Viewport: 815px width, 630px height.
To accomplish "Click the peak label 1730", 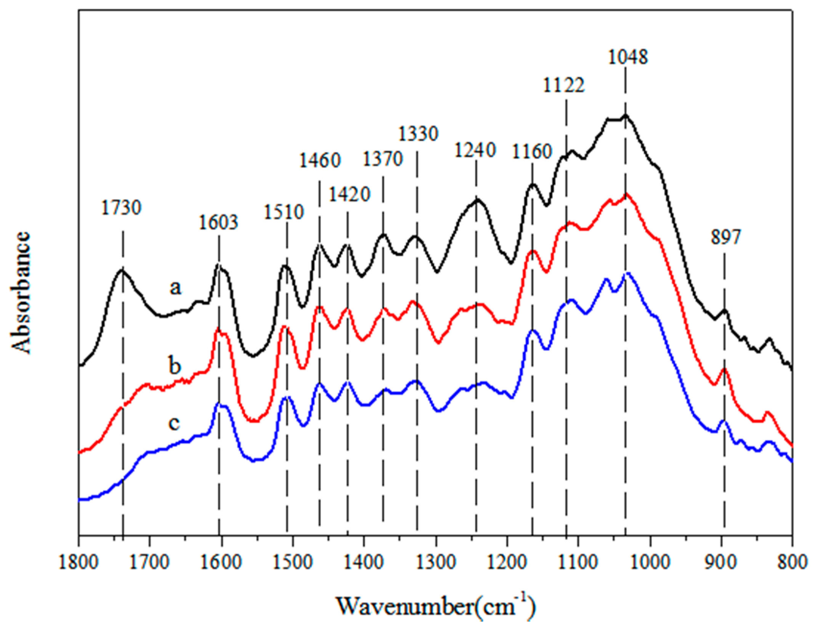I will pos(121,208).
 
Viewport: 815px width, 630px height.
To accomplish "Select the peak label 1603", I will pos(218,222).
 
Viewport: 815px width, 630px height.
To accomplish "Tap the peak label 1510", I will pos(284,212).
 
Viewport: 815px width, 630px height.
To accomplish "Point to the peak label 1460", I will pos(319,160).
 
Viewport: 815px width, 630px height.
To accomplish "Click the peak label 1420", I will pos(350,194).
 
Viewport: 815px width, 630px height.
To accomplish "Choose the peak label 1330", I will pos(418,134).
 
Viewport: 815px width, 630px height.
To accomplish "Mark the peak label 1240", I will pos(475,150).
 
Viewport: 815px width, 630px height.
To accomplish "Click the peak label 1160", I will pos(532,151).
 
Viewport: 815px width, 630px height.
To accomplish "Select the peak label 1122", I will pos(564,85).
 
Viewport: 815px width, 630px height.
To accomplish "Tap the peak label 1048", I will pos(627,57).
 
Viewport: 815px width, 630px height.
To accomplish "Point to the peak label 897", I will pos(725,237).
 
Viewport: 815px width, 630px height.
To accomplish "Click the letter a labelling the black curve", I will pos(175,288).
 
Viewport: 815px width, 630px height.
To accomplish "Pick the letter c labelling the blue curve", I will pos(174,423).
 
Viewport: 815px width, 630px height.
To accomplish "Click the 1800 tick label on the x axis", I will pos(79,562).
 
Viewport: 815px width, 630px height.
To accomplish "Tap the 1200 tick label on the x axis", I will pos(507,562).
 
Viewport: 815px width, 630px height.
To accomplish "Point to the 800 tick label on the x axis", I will pos(792,562).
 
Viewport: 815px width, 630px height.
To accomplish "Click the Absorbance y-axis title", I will pos(21,293).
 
